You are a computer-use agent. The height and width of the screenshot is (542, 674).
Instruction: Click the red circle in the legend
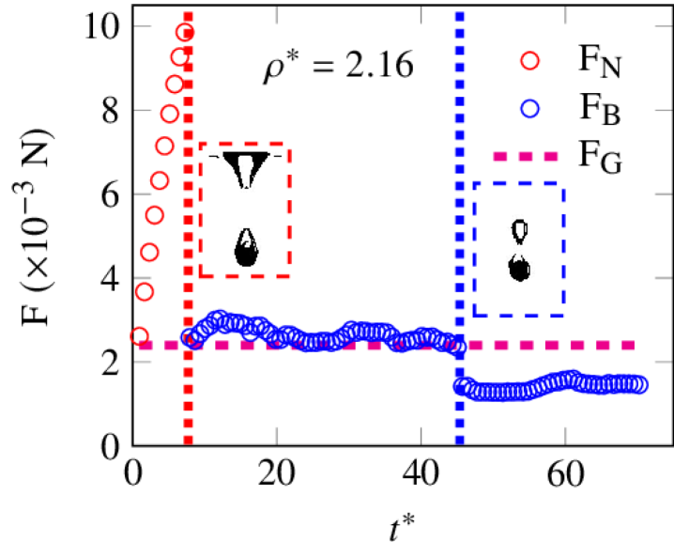click(529, 61)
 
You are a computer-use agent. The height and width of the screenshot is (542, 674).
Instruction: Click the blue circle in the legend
click(529, 109)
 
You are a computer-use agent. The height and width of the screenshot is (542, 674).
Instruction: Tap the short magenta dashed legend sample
click(525, 157)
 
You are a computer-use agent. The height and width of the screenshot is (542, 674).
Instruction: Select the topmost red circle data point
click(185, 33)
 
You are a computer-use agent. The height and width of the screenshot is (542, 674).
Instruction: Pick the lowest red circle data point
click(140, 335)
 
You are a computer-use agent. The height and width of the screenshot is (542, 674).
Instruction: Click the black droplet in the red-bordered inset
click(246, 248)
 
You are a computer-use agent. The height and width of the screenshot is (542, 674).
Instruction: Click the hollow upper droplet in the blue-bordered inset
click(519, 230)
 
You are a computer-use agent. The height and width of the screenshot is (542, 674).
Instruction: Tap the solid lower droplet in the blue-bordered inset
click(519, 267)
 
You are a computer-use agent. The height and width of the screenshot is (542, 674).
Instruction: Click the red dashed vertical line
click(189, 395)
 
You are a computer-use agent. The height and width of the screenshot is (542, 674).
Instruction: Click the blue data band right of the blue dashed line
click(554, 384)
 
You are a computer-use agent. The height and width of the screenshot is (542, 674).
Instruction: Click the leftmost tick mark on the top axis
click(276, 16)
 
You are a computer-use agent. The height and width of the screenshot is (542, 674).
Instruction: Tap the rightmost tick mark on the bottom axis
click(565, 435)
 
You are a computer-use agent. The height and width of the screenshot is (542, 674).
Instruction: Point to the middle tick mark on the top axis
click(421, 16)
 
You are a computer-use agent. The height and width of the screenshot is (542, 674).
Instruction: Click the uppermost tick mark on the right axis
click(663, 26)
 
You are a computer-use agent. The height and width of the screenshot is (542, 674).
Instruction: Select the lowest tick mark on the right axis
click(663, 362)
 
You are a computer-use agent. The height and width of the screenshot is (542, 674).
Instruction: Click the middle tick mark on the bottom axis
click(421, 435)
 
